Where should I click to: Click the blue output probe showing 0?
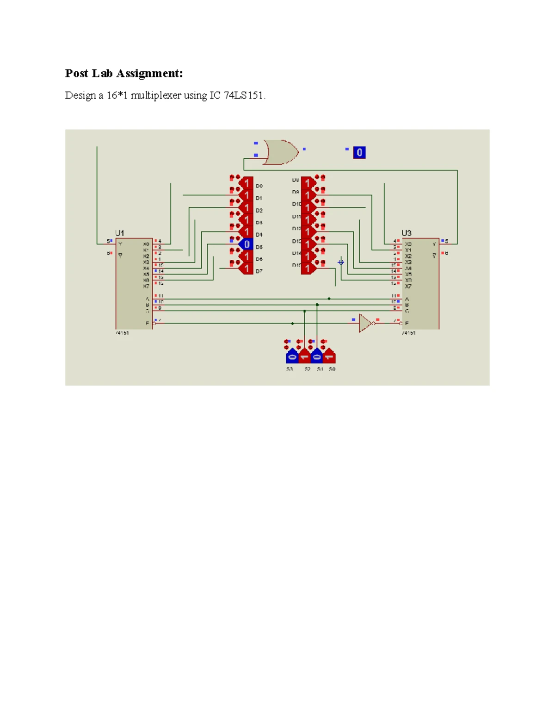(359, 152)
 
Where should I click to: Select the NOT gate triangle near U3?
(365, 323)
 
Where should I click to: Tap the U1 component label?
(119, 233)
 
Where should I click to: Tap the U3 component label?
(406, 233)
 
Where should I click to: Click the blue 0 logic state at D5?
(246, 244)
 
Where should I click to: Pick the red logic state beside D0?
(246, 183)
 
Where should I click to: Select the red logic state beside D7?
(246, 269)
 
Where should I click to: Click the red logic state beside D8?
(308, 183)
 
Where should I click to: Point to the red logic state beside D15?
(308, 268)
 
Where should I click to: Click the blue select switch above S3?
(292, 356)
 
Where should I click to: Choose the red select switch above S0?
(329, 356)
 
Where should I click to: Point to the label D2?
(259, 211)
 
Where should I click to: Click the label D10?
(296, 204)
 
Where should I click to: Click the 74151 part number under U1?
(122, 333)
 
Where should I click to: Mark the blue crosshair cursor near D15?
(341, 262)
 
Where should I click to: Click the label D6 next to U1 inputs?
(259, 259)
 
